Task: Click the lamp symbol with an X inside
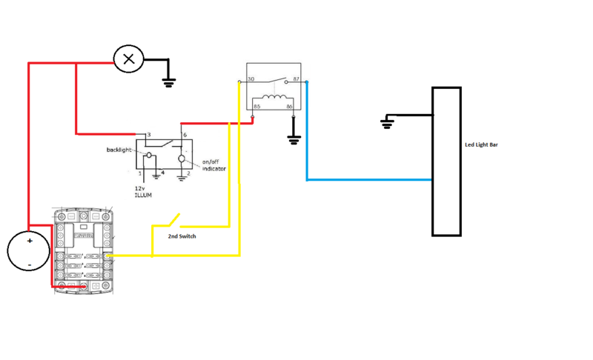(x=128, y=59)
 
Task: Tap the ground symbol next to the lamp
(x=169, y=81)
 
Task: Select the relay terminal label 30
(x=251, y=79)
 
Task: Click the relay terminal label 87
(x=296, y=79)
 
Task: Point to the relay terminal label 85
(x=257, y=107)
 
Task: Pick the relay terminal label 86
(x=290, y=107)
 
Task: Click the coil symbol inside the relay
(x=274, y=98)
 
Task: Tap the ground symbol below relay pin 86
(x=294, y=139)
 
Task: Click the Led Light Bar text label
(x=481, y=145)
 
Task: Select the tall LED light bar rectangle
(x=446, y=161)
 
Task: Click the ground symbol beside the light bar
(x=386, y=122)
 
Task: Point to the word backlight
(x=119, y=150)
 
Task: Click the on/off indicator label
(x=214, y=165)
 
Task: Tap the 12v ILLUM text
(x=143, y=191)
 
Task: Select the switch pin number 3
(x=149, y=136)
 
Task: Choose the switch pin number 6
(x=185, y=136)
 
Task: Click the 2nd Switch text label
(x=182, y=236)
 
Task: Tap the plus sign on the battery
(x=30, y=241)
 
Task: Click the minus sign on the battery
(x=30, y=263)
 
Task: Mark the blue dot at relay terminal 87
(x=306, y=82)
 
